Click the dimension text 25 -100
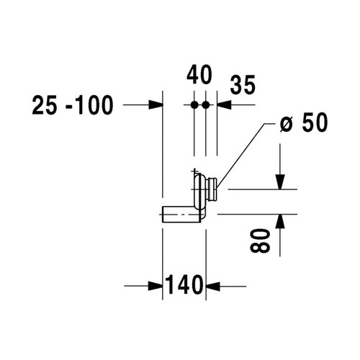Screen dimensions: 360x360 (73, 106)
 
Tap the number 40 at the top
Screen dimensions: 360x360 (199, 74)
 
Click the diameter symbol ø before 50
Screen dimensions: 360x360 (285, 125)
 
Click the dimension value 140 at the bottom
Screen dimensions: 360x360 (185, 286)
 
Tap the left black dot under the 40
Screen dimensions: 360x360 (194, 105)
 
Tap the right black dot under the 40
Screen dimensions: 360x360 (206, 105)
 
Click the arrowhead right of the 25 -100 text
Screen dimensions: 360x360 (156, 105)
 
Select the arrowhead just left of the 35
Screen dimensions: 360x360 (222, 105)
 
